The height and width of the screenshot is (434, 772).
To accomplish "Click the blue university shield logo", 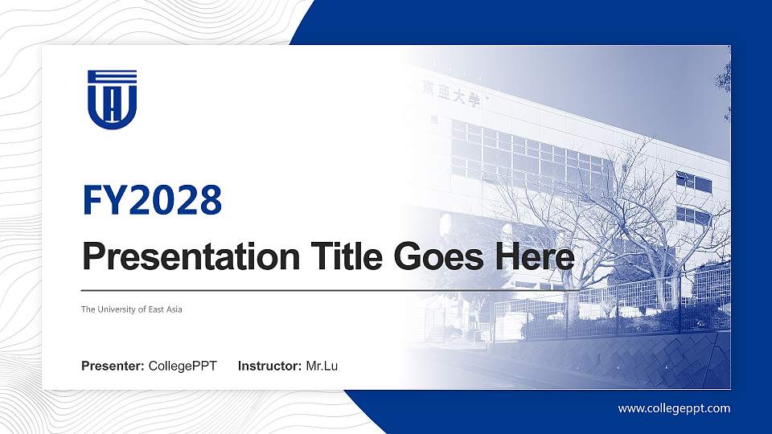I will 113,99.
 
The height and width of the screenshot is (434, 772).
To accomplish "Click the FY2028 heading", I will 151,200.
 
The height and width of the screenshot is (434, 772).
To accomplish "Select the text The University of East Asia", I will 132,309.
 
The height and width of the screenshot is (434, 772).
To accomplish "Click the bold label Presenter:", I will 113,366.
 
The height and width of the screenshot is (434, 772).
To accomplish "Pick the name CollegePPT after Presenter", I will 183,366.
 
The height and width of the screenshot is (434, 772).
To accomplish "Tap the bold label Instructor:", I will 270,366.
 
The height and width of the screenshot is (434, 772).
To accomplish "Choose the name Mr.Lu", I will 322,366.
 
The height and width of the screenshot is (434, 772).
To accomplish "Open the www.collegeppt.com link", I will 674,408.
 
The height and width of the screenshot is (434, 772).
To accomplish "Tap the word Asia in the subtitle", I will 174,309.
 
